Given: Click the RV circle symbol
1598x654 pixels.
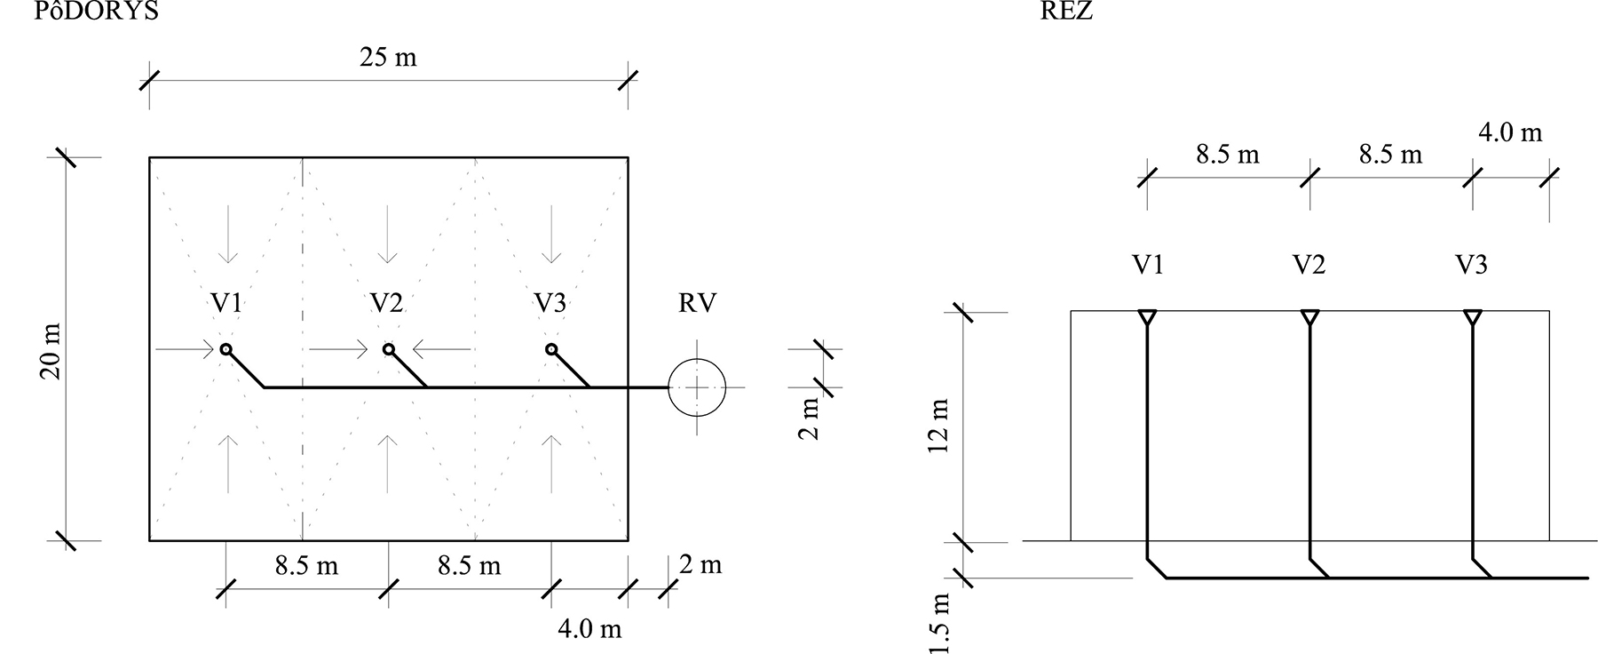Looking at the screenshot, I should click(x=697, y=388).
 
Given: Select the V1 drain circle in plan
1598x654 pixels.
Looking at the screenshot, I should click(x=226, y=349).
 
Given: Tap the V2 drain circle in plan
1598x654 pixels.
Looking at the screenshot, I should click(x=388, y=349).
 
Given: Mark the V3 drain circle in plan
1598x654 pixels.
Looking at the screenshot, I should click(x=551, y=349).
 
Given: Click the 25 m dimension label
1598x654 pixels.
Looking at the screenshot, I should click(x=388, y=58).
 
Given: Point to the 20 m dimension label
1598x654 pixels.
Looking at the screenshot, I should click(x=51, y=352).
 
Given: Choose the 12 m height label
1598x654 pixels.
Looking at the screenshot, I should click(x=939, y=426).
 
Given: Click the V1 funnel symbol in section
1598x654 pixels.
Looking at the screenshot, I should click(x=1147, y=317).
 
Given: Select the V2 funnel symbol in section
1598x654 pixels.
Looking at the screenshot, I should click(x=1309, y=317).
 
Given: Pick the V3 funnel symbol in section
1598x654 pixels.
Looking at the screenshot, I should click(x=1473, y=317).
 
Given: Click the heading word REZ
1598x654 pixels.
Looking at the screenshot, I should click(x=1067, y=11).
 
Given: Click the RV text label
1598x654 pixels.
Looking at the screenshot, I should click(x=697, y=304).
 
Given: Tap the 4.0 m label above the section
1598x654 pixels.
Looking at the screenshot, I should click(x=1510, y=133).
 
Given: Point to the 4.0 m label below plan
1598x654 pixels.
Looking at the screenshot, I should click(x=589, y=629).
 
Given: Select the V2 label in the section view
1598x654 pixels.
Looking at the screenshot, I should click(x=1309, y=265).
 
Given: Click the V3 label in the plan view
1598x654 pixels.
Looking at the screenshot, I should click(x=550, y=304).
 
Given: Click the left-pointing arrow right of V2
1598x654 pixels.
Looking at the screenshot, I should click(x=441, y=349).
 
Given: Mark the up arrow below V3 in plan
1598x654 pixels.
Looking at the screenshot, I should click(x=551, y=463).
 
